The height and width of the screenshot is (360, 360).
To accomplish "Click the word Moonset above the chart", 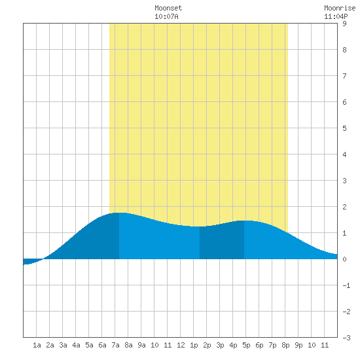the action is click(x=168, y=8).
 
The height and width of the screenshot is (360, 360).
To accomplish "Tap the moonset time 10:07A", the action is click(x=166, y=16).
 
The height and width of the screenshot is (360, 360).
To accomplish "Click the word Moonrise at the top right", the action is click(x=340, y=8).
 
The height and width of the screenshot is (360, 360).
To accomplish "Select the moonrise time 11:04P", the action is click(x=336, y=16).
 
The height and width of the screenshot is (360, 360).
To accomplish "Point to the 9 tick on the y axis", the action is click(x=344, y=24).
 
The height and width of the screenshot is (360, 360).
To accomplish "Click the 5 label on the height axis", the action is click(x=344, y=128).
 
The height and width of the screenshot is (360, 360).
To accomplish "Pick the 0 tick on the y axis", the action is click(x=344, y=259).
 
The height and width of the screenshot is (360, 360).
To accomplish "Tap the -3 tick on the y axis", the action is click(x=346, y=338).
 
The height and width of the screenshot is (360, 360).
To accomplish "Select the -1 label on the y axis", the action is click(x=346, y=285).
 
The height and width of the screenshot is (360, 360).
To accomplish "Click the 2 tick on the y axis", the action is click(x=344, y=207).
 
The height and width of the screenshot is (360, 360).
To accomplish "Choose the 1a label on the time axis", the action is click(x=37, y=345).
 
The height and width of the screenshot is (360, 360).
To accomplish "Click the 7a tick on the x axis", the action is click(x=115, y=345).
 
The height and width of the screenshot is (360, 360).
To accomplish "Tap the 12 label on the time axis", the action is click(x=181, y=345).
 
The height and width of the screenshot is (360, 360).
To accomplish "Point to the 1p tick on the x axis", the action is click(x=194, y=345).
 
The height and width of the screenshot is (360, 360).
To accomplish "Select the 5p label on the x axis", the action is click(x=246, y=345).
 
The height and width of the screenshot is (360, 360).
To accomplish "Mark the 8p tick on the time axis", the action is click(x=285, y=345).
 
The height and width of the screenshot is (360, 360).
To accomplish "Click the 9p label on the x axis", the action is click(x=298, y=345).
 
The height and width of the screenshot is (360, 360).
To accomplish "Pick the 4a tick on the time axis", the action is click(x=76, y=345).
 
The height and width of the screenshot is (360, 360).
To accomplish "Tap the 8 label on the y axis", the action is click(x=344, y=50).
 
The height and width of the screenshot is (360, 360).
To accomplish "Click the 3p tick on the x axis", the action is click(x=220, y=345).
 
